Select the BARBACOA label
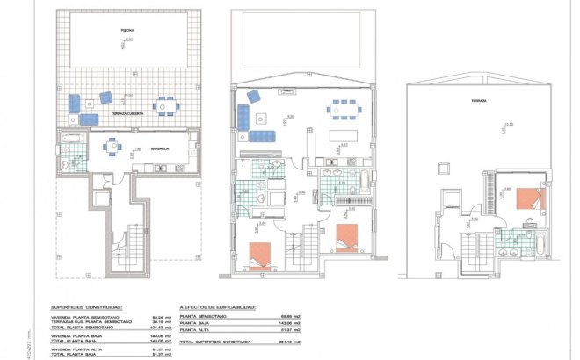click(160, 149)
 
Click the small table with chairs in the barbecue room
click(114, 146)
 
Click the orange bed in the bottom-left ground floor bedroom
click(261, 253)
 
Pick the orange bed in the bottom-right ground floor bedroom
click(347, 236)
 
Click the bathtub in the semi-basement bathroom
click(70, 139)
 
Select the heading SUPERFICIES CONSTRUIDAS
click(87, 307)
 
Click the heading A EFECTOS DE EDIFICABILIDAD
click(218, 307)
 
